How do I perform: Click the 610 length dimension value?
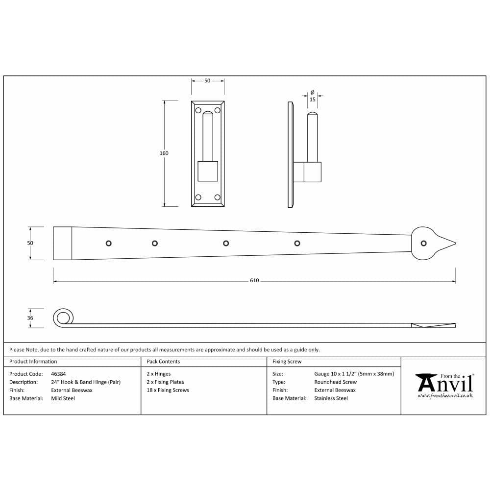254,281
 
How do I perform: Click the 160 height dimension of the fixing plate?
164,153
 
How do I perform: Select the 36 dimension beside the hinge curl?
30,318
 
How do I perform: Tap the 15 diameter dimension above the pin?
313,99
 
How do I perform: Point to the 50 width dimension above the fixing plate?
207,81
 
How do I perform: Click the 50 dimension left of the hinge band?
30,243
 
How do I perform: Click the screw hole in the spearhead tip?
423,243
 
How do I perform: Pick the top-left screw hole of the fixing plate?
198,110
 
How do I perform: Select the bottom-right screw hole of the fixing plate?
217,197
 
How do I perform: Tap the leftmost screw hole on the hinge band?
109,243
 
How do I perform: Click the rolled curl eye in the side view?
62,318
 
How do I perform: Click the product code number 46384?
58,374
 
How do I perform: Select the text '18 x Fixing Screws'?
168,390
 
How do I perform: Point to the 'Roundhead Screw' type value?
336,382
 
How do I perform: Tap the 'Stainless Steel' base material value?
331,398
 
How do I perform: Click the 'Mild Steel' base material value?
63,398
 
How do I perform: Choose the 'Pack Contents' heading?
163,362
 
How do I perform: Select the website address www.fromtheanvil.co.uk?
445,395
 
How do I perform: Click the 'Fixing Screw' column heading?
287,362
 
